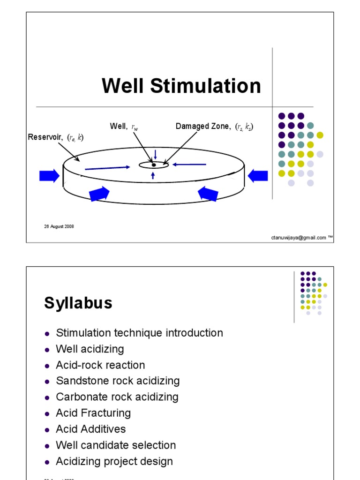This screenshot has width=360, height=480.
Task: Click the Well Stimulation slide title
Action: [181, 86]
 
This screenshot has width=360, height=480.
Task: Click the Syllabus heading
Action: [78, 303]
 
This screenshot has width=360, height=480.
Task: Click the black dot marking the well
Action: [153, 165]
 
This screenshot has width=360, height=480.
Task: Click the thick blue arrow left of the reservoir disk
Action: [49, 176]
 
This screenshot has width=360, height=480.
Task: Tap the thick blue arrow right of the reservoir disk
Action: [257, 176]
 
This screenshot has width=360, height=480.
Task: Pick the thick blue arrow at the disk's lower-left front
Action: [99, 193]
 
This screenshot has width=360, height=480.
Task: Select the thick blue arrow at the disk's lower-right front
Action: [208, 193]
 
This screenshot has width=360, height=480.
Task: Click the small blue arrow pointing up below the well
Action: [153, 175]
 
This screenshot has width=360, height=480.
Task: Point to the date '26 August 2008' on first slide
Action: [59, 226]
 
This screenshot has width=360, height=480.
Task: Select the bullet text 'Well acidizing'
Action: [90, 349]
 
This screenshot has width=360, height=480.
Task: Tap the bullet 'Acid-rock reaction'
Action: [100, 365]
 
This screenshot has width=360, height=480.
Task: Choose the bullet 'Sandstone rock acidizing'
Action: [118, 381]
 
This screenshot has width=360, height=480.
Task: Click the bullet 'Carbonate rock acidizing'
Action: [117, 397]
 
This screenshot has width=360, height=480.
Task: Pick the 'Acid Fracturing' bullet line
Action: [93, 413]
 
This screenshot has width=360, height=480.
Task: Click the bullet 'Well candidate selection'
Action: [116, 445]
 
